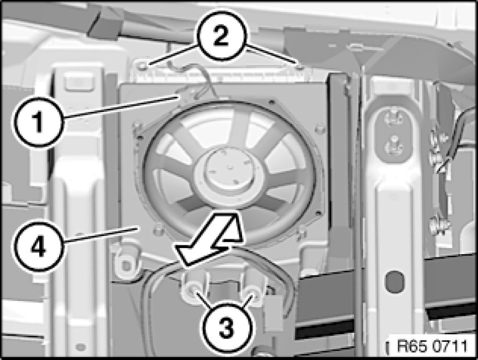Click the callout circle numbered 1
[x=38, y=122]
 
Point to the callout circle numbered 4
[x=38, y=246]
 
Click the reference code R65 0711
[x=432, y=346]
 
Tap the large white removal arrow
[x=210, y=239]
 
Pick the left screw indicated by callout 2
[x=142, y=66]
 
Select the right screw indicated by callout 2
[x=300, y=67]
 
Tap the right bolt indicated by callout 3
[x=252, y=291]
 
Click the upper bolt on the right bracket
[x=391, y=118]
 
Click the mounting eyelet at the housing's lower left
[x=125, y=264]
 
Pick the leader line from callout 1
[x=120, y=107]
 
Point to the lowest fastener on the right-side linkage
[x=436, y=225]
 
